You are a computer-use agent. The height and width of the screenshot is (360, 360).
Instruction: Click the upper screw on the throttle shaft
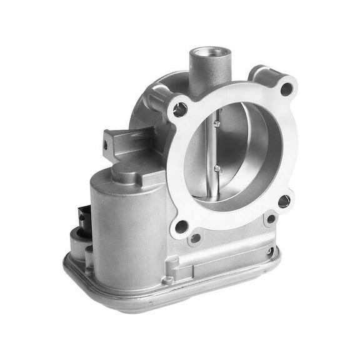[x=216, y=124]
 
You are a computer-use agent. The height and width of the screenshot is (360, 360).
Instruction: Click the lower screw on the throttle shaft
[x=217, y=168]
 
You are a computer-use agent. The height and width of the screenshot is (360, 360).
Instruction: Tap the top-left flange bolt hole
[x=180, y=110]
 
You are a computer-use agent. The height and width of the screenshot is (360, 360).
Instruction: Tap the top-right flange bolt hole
[x=286, y=89]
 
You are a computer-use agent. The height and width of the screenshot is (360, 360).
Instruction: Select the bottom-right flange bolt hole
[x=284, y=201]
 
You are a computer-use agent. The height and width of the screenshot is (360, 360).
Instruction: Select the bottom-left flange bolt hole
[x=181, y=226]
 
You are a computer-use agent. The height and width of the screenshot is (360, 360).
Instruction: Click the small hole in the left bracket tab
[x=106, y=145]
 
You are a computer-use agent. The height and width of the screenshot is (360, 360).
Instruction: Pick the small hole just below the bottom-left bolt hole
[x=196, y=238]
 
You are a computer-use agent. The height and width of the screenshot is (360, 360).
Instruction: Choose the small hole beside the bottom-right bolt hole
[x=270, y=219]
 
